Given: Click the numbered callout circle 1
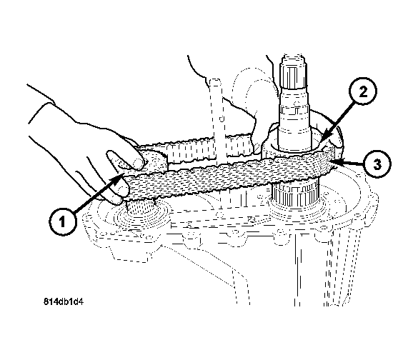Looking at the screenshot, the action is tap(63, 221).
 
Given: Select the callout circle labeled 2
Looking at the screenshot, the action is tap(362, 91).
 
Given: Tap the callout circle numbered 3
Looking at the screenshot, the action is tap(377, 164).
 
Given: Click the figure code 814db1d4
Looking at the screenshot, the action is tap(64, 301).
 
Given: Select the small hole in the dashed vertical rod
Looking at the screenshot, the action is tap(222, 119).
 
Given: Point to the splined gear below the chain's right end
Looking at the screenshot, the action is tap(294, 193).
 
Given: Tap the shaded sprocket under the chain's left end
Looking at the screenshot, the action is tap(141, 206).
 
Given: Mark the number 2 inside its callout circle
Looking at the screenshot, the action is tap(363, 91).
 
